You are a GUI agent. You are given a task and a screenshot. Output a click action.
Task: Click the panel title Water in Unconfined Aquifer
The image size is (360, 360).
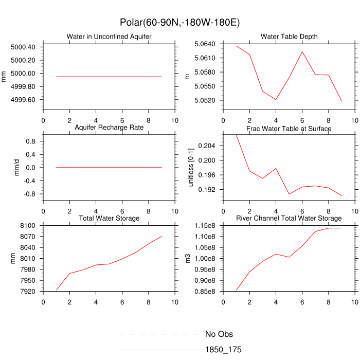pos(109,37)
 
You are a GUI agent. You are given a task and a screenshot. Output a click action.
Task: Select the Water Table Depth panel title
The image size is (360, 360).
pos(289,37)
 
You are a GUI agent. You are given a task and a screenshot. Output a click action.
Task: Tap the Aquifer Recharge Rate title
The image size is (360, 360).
pos(109,127)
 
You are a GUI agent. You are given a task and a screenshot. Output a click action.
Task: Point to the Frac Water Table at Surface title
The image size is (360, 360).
pos(289,128)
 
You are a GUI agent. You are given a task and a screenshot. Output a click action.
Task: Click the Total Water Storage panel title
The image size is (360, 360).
pos(109,219)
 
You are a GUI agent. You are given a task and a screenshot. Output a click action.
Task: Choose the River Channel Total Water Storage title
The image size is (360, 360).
pos(289,219)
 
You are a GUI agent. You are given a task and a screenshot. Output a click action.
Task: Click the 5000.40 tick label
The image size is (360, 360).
pos(23,47)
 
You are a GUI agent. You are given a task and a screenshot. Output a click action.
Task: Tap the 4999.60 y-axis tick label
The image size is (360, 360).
pos(23,100)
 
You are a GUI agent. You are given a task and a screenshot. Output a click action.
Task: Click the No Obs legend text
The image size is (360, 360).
pos(219,334)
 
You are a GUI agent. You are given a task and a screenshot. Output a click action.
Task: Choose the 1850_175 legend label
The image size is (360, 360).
pos(223,350)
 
